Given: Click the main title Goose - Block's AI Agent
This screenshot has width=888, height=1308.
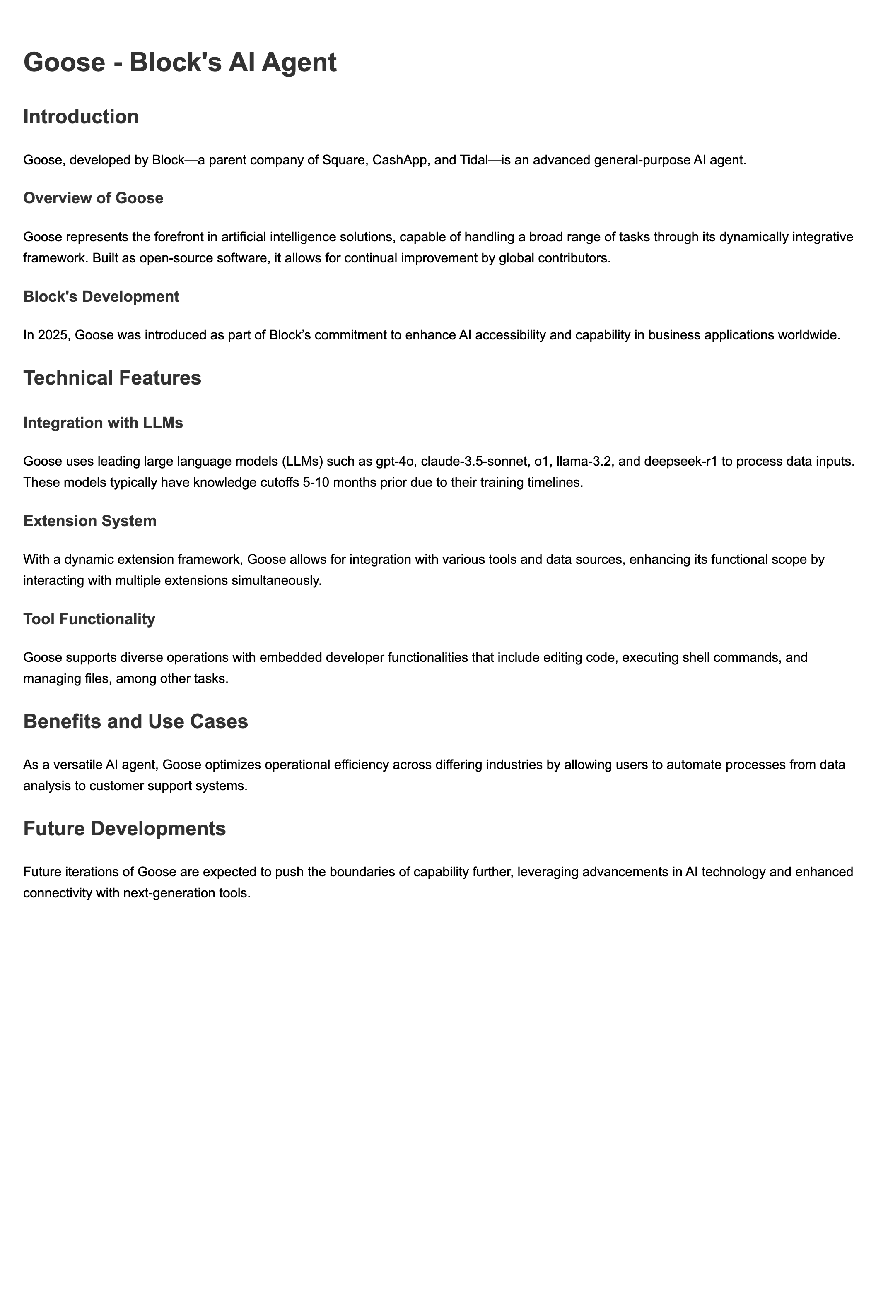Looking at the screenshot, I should (x=180, y=62).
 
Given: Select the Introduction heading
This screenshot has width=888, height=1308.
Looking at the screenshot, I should (x=81, y=116).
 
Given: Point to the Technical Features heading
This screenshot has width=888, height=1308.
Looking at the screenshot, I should (x=112, y=377).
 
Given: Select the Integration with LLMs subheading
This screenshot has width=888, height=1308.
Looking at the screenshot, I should (x=103, y=423).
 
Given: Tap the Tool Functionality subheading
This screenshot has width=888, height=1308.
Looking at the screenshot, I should (x=89, y=619).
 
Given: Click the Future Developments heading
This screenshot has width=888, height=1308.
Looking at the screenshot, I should (x=124, y=829).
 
